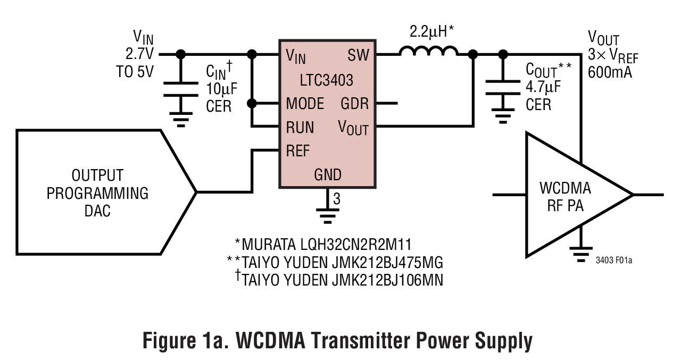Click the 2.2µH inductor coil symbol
pyautogui.click(x=428, y=51)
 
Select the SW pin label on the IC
pyautogui.click(x=358, y=55)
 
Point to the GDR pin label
pyautogui.click(x=354, y=103)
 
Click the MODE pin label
pyautogui.click(x=305, y=103)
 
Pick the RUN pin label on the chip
pyautogui.click(x=300, y=128)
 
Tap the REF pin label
pyautogui.click(x=297, y=151)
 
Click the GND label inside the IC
pyautogui.click(x=328, y=174)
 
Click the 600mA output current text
pyautogui.click(x=610, y=72)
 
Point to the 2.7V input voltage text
pyautogui.click(x=139, y=54)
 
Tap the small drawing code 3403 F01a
pyautogui.click(x=618, y=261)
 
